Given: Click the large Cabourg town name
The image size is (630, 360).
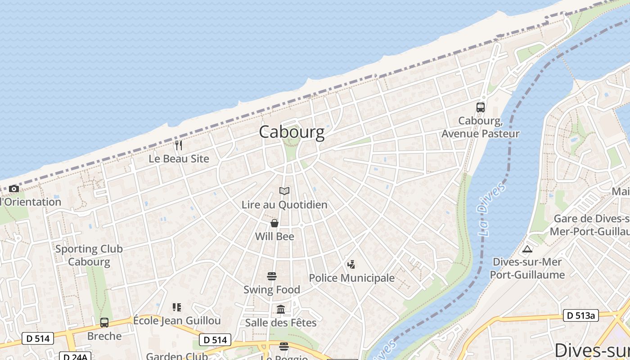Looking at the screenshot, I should point(292,132).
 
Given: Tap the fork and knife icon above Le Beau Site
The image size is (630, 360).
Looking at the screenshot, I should point(179,145).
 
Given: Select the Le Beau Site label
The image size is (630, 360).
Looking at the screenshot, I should point(179,159).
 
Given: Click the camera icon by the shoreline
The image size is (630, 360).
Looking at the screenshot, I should point(14,189).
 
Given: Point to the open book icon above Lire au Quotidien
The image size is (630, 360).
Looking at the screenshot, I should point(284,191).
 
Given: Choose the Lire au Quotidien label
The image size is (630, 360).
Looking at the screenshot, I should point(284,205).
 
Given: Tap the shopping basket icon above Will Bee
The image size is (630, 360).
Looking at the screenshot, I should point(274,223).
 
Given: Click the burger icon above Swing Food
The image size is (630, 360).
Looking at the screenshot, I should point(271,276).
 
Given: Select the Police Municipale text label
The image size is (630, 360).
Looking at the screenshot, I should point(351,278).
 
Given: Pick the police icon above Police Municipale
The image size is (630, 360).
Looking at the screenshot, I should point(351,265).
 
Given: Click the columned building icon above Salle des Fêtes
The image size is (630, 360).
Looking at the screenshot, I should point(281,309).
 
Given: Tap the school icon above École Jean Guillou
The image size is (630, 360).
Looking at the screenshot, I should point(177,307).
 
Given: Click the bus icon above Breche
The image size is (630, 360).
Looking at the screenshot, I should point(104,323).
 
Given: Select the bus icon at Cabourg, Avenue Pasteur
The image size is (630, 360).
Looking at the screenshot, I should point(481,108).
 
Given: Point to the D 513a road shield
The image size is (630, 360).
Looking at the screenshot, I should point(580,315).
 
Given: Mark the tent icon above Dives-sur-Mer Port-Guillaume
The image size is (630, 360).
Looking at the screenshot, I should point(527,249).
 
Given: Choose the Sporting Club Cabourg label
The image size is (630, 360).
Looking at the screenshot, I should point(89,255).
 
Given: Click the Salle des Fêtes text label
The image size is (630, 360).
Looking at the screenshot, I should point(281,323).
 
